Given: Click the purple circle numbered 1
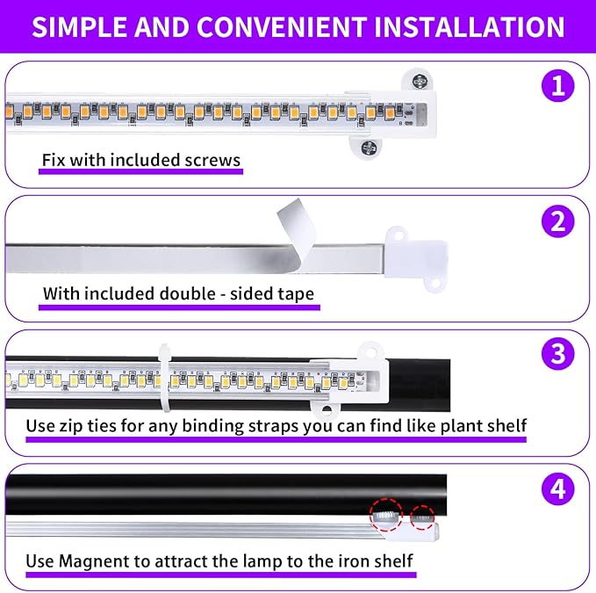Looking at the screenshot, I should [557, 87].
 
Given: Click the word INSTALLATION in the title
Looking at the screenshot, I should [469, 27].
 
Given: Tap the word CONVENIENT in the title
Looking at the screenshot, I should [278, 27].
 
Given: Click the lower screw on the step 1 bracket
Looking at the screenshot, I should [366, 146].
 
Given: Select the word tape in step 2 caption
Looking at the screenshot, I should [294, 294].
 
